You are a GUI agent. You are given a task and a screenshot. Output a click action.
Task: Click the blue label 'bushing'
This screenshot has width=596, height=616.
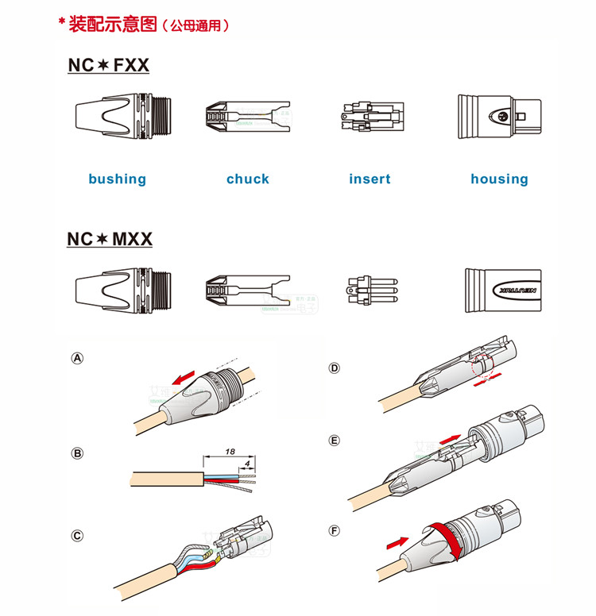[x=117, y=179]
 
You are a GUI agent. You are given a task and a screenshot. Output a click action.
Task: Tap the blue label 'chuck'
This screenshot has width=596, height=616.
[x=248, y=179]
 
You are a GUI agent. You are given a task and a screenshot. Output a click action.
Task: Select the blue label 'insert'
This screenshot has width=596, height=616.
[x=370, y=179]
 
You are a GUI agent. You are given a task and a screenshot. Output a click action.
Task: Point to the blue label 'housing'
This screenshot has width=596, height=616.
[x=499, y=179]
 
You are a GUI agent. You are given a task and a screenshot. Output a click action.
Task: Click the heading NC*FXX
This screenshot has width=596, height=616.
[x=109, y=65]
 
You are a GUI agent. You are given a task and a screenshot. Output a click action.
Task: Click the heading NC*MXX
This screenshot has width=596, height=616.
[x=110, y=238]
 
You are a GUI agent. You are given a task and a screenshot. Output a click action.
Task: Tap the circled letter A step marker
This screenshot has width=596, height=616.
[x=77, y=359]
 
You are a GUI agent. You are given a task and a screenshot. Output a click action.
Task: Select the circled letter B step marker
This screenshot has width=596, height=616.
[x=77, y=453]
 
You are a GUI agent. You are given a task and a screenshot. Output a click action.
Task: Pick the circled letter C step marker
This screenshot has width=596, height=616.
[x=77, y=535]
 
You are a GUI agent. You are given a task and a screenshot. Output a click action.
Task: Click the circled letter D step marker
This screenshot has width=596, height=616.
[x=335, y=368]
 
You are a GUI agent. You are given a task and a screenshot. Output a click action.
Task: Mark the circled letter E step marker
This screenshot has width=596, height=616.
[x=335, y=441]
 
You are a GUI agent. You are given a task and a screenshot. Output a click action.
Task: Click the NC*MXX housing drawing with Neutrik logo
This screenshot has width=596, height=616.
[x=506, y=290]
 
